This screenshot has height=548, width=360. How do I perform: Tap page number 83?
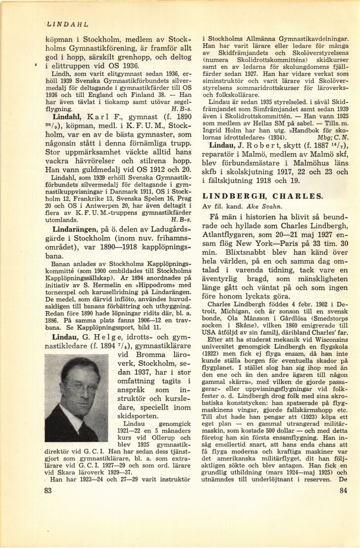coord(48,490)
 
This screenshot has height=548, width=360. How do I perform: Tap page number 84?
coord(344,490)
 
